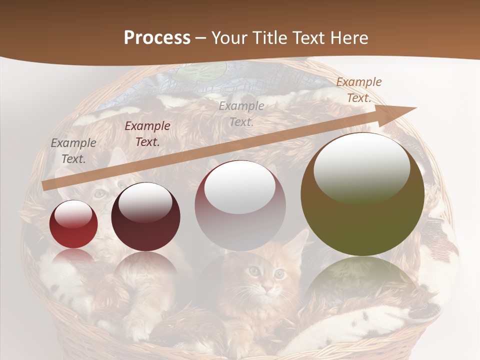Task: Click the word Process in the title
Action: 157,38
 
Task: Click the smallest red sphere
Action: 73,224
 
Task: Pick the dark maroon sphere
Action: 145,217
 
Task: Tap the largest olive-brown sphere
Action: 362,194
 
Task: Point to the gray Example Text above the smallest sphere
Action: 73,150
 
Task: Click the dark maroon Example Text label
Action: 147,133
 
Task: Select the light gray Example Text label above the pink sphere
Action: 241,113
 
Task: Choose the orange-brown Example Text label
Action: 358,89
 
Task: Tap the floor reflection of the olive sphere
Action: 362,280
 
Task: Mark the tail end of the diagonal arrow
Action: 46,185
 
